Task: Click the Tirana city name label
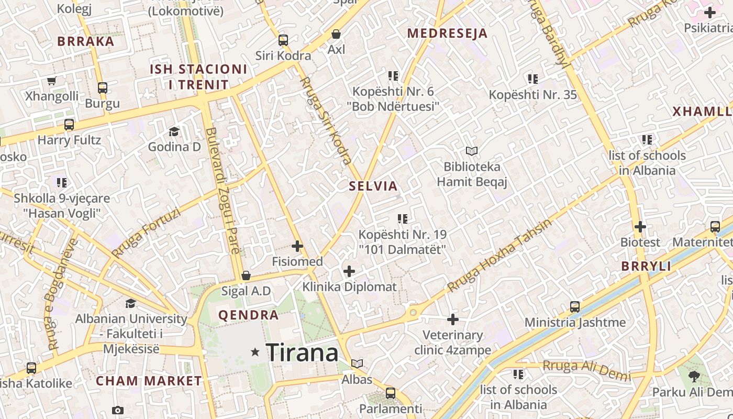point(302,352)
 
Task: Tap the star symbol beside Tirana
point(256,352)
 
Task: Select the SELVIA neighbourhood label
point(373,186)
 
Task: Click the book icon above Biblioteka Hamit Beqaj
point(472,151)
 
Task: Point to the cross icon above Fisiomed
point(297,246)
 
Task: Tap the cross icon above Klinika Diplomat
point(349,271)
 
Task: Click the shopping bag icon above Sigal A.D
point(246,275)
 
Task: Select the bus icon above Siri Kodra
point(283,40)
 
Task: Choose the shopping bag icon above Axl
point(336,35)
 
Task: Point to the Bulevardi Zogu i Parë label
point(223,191)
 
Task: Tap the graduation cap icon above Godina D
point(174,131)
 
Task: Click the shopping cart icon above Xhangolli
point(51,81)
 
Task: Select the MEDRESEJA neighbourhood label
point(447,34)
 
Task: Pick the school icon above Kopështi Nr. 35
point(532,79)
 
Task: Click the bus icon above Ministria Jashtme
point(575,306)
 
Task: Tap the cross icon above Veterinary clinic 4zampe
point(453,319)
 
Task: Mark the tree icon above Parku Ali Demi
point(694,376)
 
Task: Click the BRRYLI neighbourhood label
point(646,266)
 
